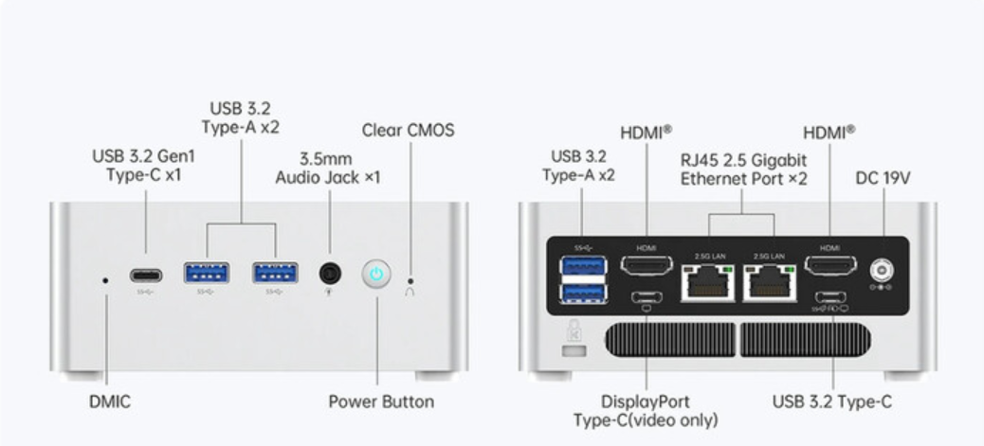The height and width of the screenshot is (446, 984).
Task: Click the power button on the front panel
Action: point(376,275)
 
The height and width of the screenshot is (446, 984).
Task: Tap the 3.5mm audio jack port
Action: point(330,274)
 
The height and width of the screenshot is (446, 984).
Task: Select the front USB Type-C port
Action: point(146,276)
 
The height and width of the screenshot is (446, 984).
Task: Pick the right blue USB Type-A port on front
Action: point(275,274)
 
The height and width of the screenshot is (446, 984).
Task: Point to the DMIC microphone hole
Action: point(104,279)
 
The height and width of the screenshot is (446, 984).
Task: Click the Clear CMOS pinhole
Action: point(410,280)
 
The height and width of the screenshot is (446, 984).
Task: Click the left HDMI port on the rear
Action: point(647,265)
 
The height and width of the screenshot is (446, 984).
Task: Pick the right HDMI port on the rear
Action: point(829,265)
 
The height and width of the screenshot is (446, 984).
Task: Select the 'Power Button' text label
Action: point(381,402)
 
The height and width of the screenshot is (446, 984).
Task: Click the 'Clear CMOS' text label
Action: point(408,130)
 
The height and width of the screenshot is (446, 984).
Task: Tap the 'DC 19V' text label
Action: point(883,177)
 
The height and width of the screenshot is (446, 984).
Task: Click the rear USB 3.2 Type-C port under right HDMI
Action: point(830,297)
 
